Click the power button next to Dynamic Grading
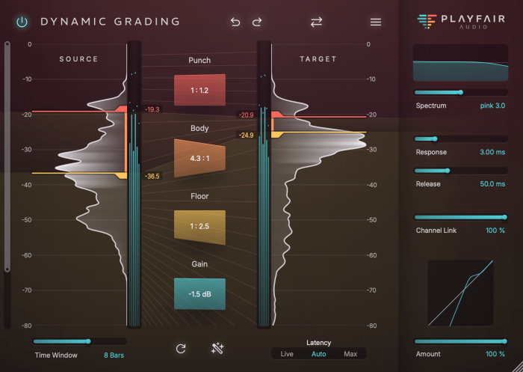(x=22, y=22)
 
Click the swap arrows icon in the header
(x=316, y=22)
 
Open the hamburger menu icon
(x=376, y=22)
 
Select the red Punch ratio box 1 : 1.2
(x=199, y=90)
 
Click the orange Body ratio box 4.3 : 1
(x=199, y=158)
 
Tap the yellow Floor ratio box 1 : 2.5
(x=199, y=226)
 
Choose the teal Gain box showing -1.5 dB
(x=199, y=294)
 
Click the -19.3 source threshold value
(x=152, y=109)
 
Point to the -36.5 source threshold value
(x=152, y=177)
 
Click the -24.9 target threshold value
(x=247, y=135)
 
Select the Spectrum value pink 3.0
(x=492, y=106)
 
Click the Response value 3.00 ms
(x=492, y=152)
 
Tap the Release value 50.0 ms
(x=492, y=183)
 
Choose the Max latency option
(x=350, y=353)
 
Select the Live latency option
(x=287, y=353)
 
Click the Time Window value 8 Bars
(x=114, y=355)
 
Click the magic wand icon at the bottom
(x=218, y=348)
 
